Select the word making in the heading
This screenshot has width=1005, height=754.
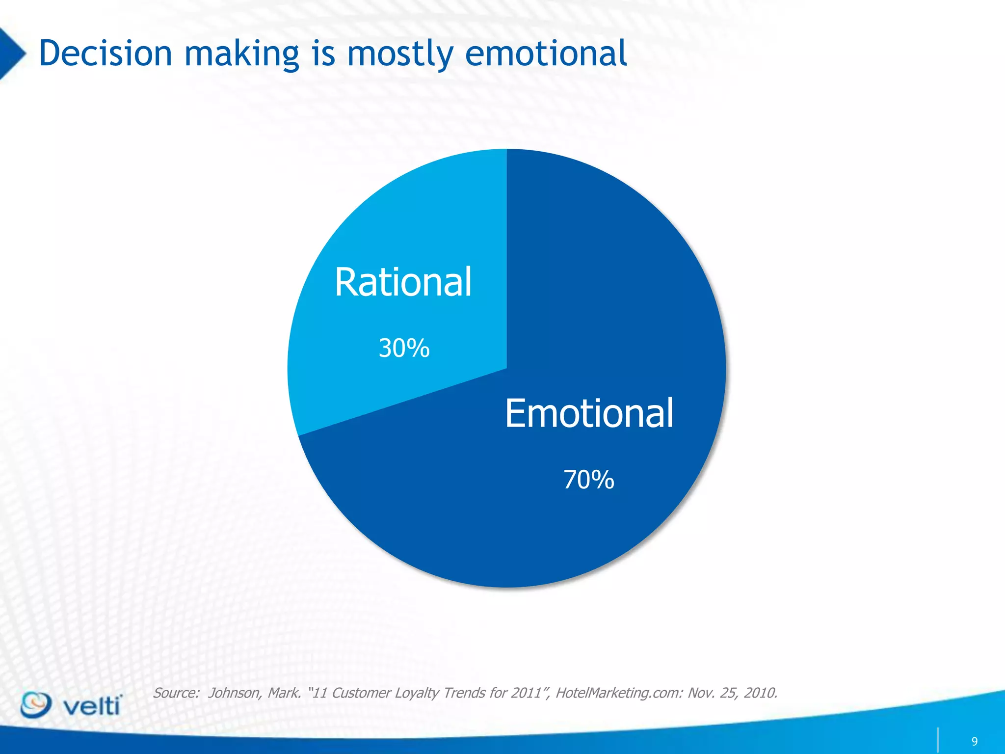(x=241, y=54)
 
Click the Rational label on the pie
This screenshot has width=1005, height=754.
(x=403, y=282)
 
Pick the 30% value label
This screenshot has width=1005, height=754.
(x=404, y=349)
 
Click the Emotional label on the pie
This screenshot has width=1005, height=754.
(x=589, y=414)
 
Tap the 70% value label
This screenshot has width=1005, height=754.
(x=588, y=480)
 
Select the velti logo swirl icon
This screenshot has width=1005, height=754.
(x=35, y=705)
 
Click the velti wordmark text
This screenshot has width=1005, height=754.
(x=92, y=707)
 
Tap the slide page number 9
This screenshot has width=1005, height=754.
(x=974, y=741)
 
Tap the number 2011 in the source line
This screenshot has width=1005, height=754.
(x=530, y=693)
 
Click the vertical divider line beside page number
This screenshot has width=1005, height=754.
(x=938, y=740)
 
